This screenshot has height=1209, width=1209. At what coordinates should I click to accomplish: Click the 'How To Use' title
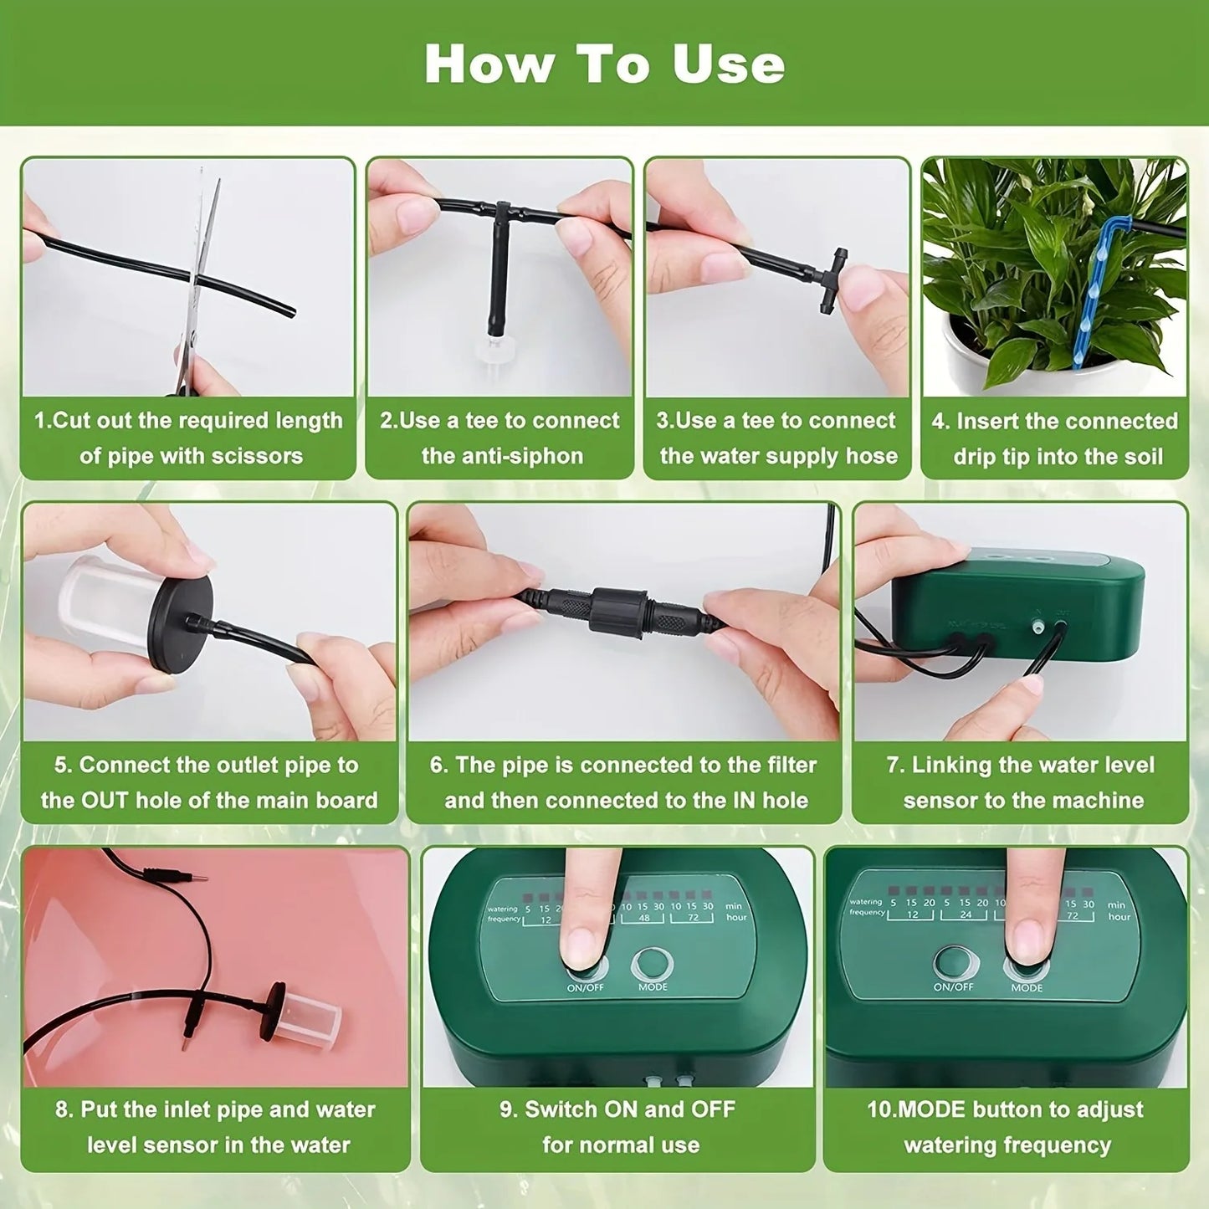tap(604, 64)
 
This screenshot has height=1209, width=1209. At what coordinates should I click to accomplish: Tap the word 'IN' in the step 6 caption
tap(744, 801)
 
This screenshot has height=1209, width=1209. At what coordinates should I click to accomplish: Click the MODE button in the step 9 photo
tap(653, 965)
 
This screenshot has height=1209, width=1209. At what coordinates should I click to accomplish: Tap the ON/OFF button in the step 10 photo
tap(954, 963)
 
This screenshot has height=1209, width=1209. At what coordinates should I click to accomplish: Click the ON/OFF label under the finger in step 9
tap(585, 988)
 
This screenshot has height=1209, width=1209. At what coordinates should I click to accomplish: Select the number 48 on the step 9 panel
tap(643, 919)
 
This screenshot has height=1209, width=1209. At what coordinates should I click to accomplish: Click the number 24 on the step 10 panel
tap(966, 915)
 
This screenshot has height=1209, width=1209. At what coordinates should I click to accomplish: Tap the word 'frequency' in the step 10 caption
tap(1054, 1145)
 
